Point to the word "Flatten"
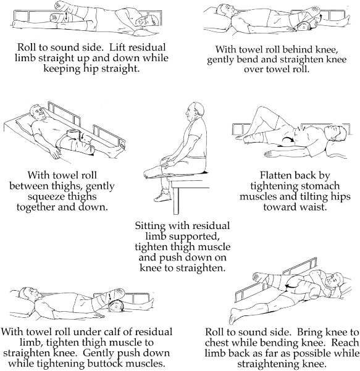(x=275, y=175)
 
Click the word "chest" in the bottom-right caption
(x=217, y=343)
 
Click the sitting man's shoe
(x=162, y=196)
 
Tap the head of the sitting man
(x=195, y=110)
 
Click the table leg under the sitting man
(x=176, y=201)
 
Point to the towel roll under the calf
(x=115, y=306)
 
